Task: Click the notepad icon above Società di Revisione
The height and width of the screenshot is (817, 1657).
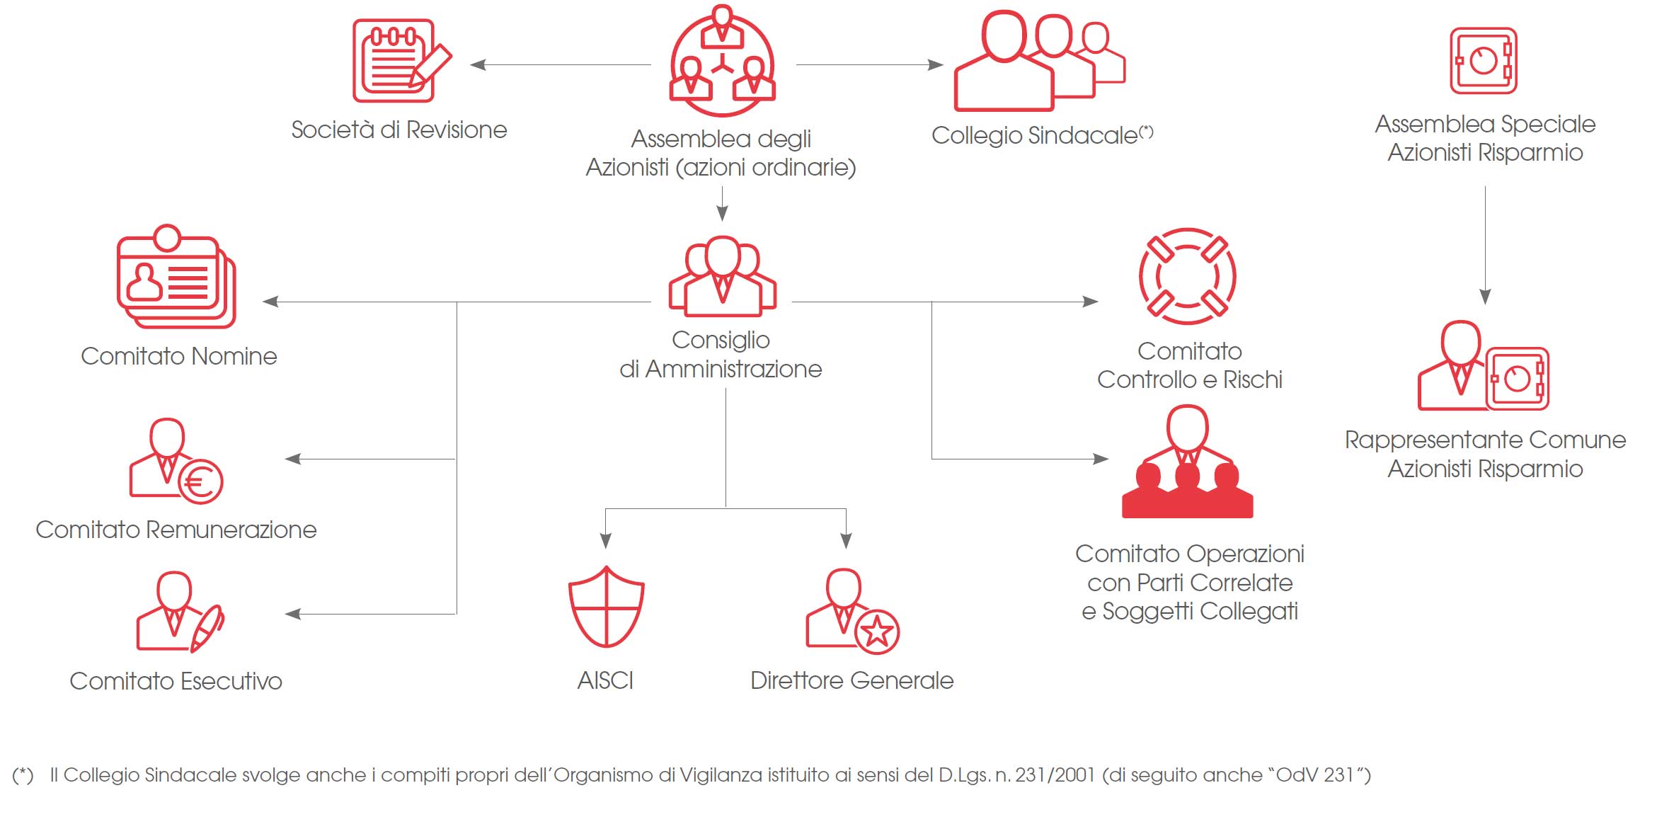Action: click(399, 61)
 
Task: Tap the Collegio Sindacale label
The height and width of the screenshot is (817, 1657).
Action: click(1034, 135)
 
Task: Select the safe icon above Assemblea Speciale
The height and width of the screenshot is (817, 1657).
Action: click(1483, 61)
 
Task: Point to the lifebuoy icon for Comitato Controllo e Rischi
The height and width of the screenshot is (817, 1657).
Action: click(1187, 276)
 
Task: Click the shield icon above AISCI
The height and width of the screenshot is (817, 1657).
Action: click(606, 607)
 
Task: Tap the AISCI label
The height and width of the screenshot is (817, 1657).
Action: click(605, 680)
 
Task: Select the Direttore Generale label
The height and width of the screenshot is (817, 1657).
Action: click(852, 680)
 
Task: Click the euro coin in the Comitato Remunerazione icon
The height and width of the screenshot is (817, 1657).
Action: click(200, 482)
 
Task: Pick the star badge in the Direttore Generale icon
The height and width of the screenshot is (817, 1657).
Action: click(876, 631)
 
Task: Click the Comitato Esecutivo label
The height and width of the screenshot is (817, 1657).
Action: click(176, 681)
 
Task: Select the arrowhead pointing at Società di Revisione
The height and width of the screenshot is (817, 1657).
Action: click(478, 64)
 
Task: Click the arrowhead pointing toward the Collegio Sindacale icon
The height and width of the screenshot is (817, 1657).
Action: click(936, 64)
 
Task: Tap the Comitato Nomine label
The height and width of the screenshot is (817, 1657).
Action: click(178, 356)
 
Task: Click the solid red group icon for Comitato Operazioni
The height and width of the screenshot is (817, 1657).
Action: click(1187, 464)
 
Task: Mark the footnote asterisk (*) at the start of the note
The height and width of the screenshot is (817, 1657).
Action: click(23, 775)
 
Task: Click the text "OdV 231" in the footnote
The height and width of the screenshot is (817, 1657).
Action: click(1314, 775)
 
